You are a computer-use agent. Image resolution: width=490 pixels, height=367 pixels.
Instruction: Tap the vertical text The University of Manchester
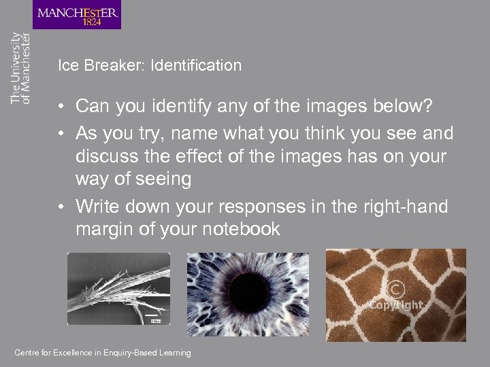[20, 68]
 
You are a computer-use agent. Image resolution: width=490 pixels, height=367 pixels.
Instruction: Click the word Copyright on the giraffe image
[396, 305]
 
